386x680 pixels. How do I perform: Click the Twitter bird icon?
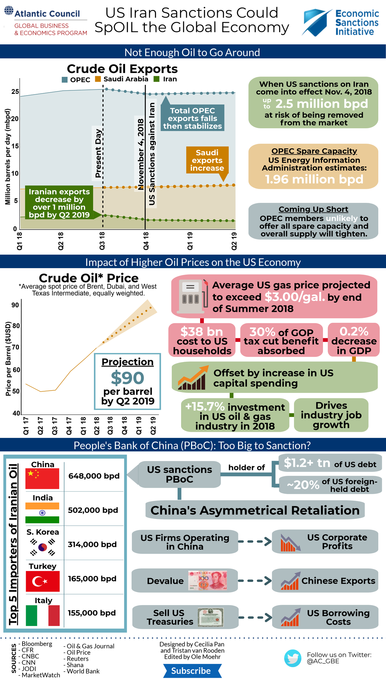tap(292, 658)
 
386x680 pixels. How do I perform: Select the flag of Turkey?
tap(43, 581)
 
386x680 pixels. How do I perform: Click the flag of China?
tap(42, 478)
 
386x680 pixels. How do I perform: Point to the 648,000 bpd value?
tap(94, 476)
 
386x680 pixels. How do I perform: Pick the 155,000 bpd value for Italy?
tap(92, 613)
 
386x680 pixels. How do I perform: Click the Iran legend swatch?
tap(157, 79)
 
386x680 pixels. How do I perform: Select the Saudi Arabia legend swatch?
tap(98, 79)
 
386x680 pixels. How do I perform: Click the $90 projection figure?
tap(127, 378)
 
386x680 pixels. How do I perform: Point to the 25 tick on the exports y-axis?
tap(15, 92)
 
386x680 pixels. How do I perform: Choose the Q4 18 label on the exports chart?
tap(146, 241)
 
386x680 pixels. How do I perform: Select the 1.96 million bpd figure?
tap(314, 179)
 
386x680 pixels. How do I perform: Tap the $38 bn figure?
tap(202, 331)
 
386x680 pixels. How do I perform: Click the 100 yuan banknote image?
tap(208, 580)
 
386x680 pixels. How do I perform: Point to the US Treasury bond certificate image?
tap(210, 617)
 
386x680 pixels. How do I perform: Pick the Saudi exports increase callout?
tap(207, 160)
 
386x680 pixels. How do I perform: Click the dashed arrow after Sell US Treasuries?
tap(255, 617)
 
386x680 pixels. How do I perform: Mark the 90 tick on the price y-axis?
tap(15, 305)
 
